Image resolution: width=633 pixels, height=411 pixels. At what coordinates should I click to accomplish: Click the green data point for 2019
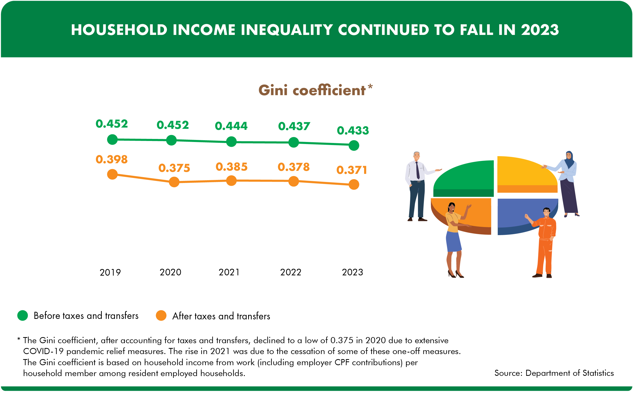coord(112,139)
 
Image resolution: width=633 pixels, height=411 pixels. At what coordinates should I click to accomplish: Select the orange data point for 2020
coord(174,182)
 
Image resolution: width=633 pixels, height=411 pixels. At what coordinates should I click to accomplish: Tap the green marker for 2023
coord(354,145)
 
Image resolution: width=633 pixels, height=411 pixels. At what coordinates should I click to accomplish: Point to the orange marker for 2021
coord(231,180)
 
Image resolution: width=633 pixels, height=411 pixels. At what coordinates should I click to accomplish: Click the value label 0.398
coord(112,159)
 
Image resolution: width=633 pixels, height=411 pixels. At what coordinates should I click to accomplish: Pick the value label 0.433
coord(353,130)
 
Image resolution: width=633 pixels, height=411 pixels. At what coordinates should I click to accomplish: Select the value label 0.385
coord(231,167)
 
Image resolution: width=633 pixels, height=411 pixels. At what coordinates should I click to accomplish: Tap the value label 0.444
coord(231,126)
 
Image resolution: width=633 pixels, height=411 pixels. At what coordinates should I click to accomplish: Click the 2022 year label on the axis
coord(291,272)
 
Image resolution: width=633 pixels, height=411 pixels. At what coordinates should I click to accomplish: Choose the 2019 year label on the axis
coord(110,272)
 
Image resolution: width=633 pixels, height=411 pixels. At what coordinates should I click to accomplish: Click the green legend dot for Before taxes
coord(23,315)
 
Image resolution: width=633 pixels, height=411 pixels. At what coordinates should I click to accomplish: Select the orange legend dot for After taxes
coord(161,315)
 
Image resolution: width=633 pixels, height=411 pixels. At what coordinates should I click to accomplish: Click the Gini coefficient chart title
coord(312,90)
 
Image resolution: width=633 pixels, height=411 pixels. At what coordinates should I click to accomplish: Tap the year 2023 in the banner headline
coord(540,30)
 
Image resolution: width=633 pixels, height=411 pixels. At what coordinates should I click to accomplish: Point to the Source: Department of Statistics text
coord(554,373)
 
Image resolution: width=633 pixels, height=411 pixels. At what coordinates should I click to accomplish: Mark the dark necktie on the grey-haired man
coord(418,170)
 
